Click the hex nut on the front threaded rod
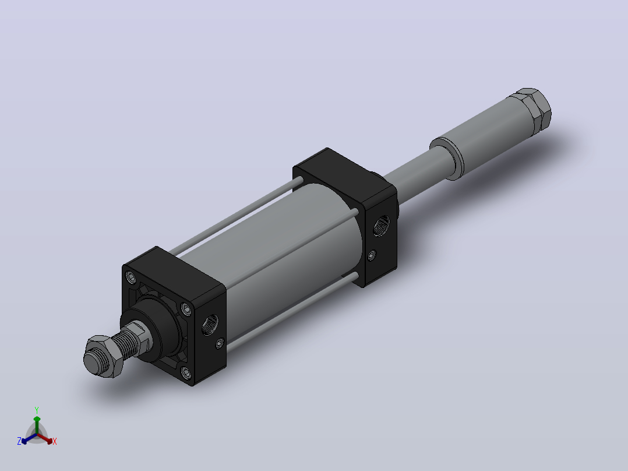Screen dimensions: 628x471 pyautogui.click(x=103, y=356)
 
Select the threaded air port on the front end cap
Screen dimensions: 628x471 pyautogui.click(x=210, y=324)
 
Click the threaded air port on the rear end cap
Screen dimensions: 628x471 pyautogui.click(x=381, y=226)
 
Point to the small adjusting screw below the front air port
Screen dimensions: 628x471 pyautogui.click(x=220, y=343)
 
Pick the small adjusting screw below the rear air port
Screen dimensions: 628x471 pyautogui.click(x=372, y=255)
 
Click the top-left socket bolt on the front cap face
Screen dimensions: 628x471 pyautogui.click(x=130, y=276)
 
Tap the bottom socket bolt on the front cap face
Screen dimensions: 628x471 pyautogui.click(x=186, y=373)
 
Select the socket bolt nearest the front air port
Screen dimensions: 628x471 pyautogui.click(x=186, y=308)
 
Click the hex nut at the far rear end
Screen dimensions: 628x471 pyautogui.click(x=532, y=107)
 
